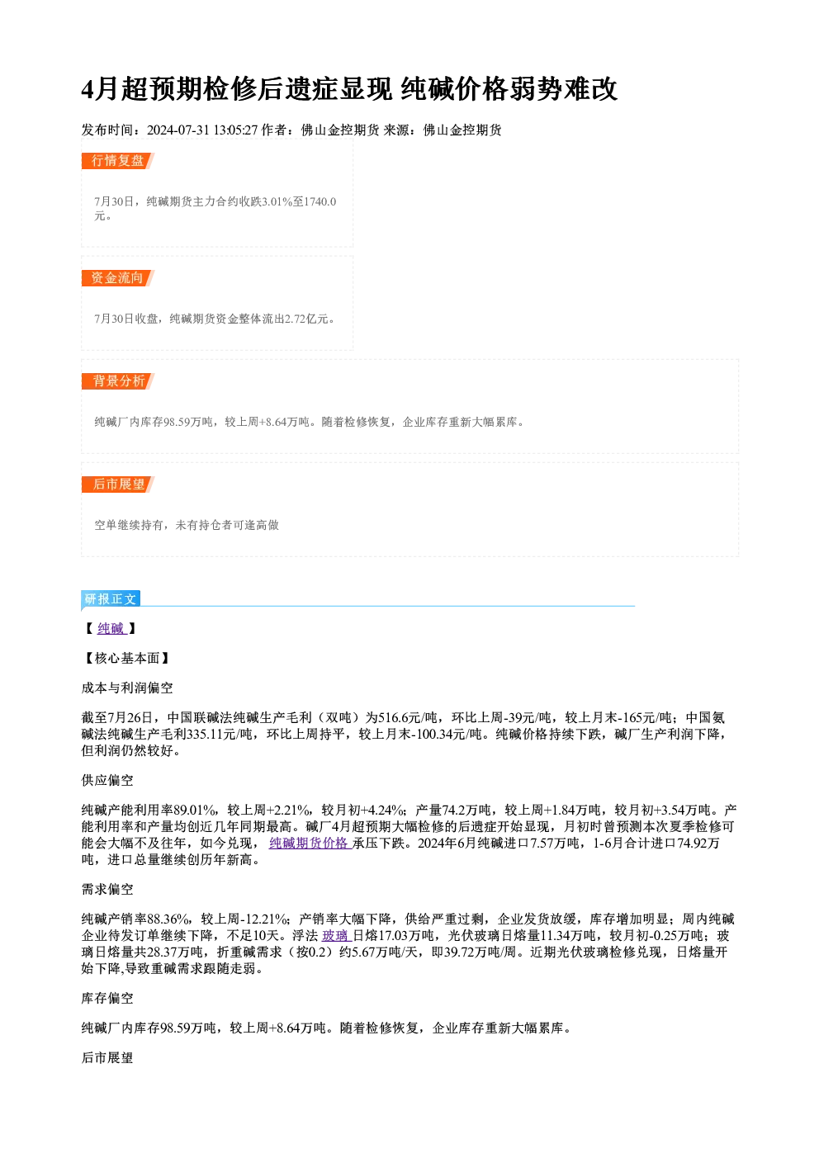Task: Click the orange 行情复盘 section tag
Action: point(117,161)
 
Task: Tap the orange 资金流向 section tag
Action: point(117,278)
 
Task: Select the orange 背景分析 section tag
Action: point(117,381)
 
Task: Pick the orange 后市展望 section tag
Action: point(117,484)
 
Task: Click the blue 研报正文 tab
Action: point(111,598)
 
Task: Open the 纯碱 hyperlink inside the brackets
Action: point(111,628)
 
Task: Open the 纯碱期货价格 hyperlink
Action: point(310,844)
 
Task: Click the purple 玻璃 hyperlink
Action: point(336,936)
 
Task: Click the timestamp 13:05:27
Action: point(235,130)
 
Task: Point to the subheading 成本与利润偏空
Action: point(127,688)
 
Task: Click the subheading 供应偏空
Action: point(107,780)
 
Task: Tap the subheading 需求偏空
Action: point(107,889)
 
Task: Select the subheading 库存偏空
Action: point(107,998)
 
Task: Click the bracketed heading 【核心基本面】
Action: point(127,658)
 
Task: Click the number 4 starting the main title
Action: point(88,89)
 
